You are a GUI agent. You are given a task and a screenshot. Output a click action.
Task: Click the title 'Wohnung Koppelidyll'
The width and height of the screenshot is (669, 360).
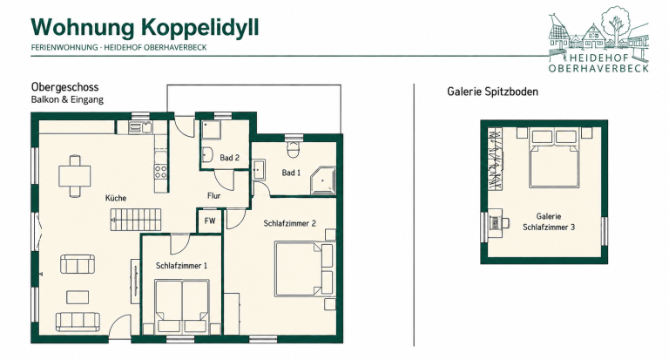click(145, 28)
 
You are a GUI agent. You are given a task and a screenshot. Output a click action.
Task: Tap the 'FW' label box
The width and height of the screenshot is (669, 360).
click(209, 221)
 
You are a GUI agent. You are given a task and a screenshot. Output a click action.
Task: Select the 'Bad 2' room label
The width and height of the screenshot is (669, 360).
click(230, 158)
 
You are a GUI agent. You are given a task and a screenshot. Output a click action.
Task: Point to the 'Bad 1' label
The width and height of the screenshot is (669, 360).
click(291, 173)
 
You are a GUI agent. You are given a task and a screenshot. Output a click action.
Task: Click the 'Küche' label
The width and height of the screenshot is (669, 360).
click(116, 198)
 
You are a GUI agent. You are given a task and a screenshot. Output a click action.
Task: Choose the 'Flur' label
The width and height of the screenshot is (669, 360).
click(213, 195)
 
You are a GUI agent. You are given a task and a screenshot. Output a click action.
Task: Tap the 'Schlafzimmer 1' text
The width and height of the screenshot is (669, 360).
click(181, 266)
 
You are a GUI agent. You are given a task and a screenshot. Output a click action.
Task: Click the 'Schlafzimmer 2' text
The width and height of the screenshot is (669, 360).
click(289, 223)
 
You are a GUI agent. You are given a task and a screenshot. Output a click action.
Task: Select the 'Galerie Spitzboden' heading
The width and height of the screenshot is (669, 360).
click(492, 92)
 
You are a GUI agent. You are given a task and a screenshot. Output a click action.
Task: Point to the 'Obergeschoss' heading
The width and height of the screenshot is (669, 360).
click(64, 87)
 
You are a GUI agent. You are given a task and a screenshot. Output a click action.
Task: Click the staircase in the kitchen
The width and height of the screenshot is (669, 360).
click(136, 220)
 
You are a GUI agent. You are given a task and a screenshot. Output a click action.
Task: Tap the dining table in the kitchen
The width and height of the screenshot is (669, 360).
click(75, 175)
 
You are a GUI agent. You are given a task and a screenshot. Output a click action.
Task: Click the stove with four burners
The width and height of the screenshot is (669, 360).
click(161, 172)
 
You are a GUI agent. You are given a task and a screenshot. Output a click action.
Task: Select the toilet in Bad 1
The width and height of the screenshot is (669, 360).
click(293, 149)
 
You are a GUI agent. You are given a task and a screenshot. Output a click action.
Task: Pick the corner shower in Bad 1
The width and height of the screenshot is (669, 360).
click(323, 180)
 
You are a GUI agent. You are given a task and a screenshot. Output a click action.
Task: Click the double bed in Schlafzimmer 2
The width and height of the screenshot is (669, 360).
click(304, 269)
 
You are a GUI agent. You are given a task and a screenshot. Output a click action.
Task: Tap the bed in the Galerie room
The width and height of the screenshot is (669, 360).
click(554, 158)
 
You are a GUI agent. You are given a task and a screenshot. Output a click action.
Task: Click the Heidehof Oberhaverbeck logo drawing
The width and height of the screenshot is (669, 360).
click(598, 39)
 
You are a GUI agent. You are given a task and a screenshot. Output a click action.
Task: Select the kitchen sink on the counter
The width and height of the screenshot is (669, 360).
click(140, 127)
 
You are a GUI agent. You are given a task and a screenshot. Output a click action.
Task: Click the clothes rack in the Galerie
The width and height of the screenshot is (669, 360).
click(495, 159)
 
